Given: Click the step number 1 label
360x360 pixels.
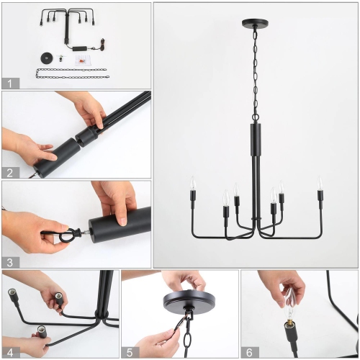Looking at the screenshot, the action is [x=9, y=84].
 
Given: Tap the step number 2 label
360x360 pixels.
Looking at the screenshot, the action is [x=10, y=173].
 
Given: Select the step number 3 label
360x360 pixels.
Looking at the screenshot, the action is [x=10, y=262].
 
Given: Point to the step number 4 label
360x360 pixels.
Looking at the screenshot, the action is [x=10, y=353].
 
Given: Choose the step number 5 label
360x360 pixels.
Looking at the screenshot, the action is [x=130, y=353].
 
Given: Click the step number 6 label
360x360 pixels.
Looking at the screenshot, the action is [x=249, y=353].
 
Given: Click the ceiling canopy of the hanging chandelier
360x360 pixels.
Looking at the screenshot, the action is [x=255, y=23].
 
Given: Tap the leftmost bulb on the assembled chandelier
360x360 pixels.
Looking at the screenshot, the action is [x=193, y=183].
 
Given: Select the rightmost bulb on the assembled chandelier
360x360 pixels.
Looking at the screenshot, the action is [x=320, y=183].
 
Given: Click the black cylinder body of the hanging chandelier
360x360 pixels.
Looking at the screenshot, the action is [x=256, y=140].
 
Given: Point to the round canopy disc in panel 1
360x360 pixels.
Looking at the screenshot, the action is [x=46, y=58].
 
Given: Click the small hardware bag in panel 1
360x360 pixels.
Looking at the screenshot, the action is [x=81, y=60].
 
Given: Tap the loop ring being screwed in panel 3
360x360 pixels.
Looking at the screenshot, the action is [x=68, y=235].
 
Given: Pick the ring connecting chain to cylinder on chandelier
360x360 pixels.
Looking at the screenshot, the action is [x=256, y=117].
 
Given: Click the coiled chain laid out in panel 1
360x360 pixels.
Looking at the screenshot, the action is [x=73, y=73].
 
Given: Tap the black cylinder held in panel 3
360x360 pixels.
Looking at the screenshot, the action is [x=120, y=225].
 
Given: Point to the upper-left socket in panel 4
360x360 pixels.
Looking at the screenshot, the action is [x=12, y=293].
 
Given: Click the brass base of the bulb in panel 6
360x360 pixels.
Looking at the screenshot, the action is [x=289, y=321].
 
